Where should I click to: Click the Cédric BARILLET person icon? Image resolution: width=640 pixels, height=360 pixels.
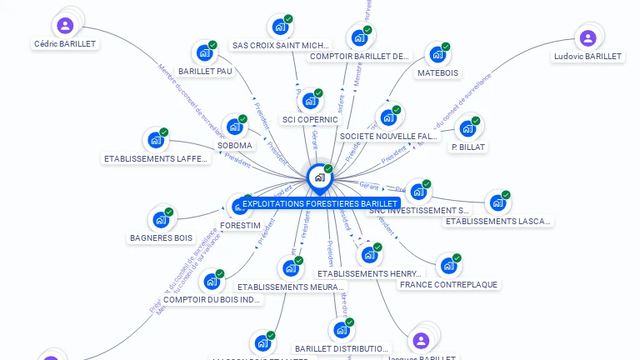[66, 25]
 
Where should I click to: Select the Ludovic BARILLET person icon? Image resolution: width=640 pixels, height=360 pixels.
[587, 37]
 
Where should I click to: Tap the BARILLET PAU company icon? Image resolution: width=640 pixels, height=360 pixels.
[203, 53]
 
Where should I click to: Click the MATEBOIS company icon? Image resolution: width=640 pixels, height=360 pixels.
[437, 55]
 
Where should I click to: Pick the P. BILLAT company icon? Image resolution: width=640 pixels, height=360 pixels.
[467, 129]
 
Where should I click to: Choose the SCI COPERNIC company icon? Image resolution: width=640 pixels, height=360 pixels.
[310, 101]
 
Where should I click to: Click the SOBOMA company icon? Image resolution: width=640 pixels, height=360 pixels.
[234, 127]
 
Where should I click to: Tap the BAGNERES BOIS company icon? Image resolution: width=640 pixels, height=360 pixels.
[160, 220]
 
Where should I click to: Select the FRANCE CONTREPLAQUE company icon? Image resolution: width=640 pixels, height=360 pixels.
[448, 266]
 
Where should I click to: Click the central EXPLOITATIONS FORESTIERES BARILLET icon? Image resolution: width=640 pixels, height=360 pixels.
[319, 177]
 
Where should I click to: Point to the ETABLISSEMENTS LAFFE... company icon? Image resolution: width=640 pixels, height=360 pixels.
[155, 140]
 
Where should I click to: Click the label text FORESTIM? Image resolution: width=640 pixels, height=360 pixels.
[241, 226]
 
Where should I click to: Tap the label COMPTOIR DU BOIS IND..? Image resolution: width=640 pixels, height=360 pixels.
[212, 300]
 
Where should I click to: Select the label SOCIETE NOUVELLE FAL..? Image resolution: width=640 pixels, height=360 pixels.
[388, 136]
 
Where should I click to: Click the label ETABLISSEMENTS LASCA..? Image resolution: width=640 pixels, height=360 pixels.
[498, 221]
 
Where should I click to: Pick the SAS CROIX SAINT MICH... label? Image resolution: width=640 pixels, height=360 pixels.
[282, 45]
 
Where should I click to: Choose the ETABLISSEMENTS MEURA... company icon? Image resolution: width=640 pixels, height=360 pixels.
[289, 267]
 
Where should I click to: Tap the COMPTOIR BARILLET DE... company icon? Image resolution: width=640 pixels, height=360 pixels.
[358, 37]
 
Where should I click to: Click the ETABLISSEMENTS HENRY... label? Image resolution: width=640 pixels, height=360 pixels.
[370, 273]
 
